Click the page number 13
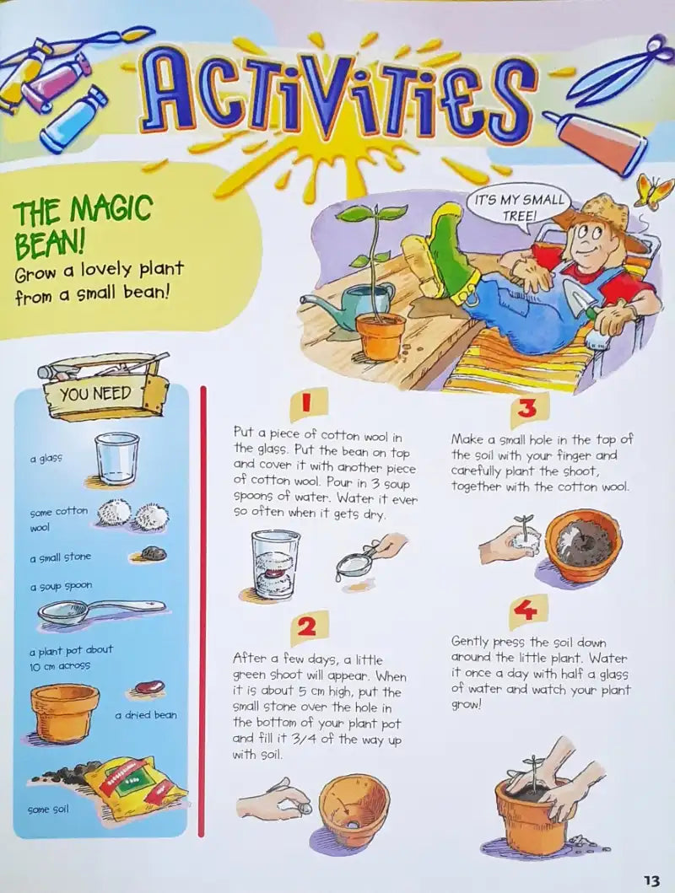(651, 880)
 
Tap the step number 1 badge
(308, 403)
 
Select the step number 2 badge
(308, 627)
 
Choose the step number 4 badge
(528, 611)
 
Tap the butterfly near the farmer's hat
(654, 191)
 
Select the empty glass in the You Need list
(116, 458)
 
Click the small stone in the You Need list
(153, 553)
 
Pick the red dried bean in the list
(149, 687)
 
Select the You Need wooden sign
(105, 387)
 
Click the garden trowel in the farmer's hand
(581, 300)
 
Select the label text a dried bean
(146, 715)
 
